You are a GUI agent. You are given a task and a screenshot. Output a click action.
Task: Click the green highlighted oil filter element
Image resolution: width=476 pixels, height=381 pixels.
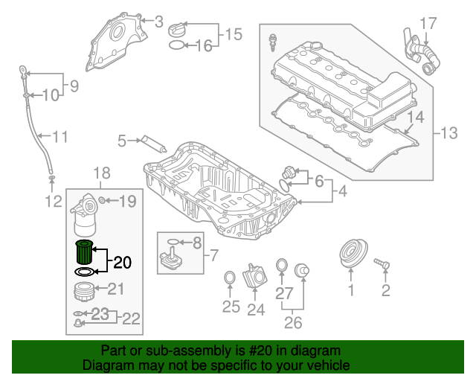click(85, 254)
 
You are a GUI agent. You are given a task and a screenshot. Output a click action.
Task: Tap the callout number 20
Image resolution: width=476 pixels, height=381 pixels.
click(122, 262)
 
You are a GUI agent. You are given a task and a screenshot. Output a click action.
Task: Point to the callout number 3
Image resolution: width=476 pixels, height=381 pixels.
click(158, 22)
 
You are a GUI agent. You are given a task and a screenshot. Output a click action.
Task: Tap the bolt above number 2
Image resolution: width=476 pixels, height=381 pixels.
click(382, 263)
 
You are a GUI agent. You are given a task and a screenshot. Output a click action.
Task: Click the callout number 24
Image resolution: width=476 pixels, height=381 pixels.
click(256, 309)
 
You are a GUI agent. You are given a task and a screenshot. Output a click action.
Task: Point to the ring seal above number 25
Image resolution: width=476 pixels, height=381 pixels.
click(231, 278)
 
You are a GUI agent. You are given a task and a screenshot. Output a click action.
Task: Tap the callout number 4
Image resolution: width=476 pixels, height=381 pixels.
click(342, 191)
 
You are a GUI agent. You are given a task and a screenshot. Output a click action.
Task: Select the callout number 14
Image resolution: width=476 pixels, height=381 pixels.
click(415, 117)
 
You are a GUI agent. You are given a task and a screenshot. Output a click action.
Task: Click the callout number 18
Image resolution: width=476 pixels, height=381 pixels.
click(102, 173)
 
